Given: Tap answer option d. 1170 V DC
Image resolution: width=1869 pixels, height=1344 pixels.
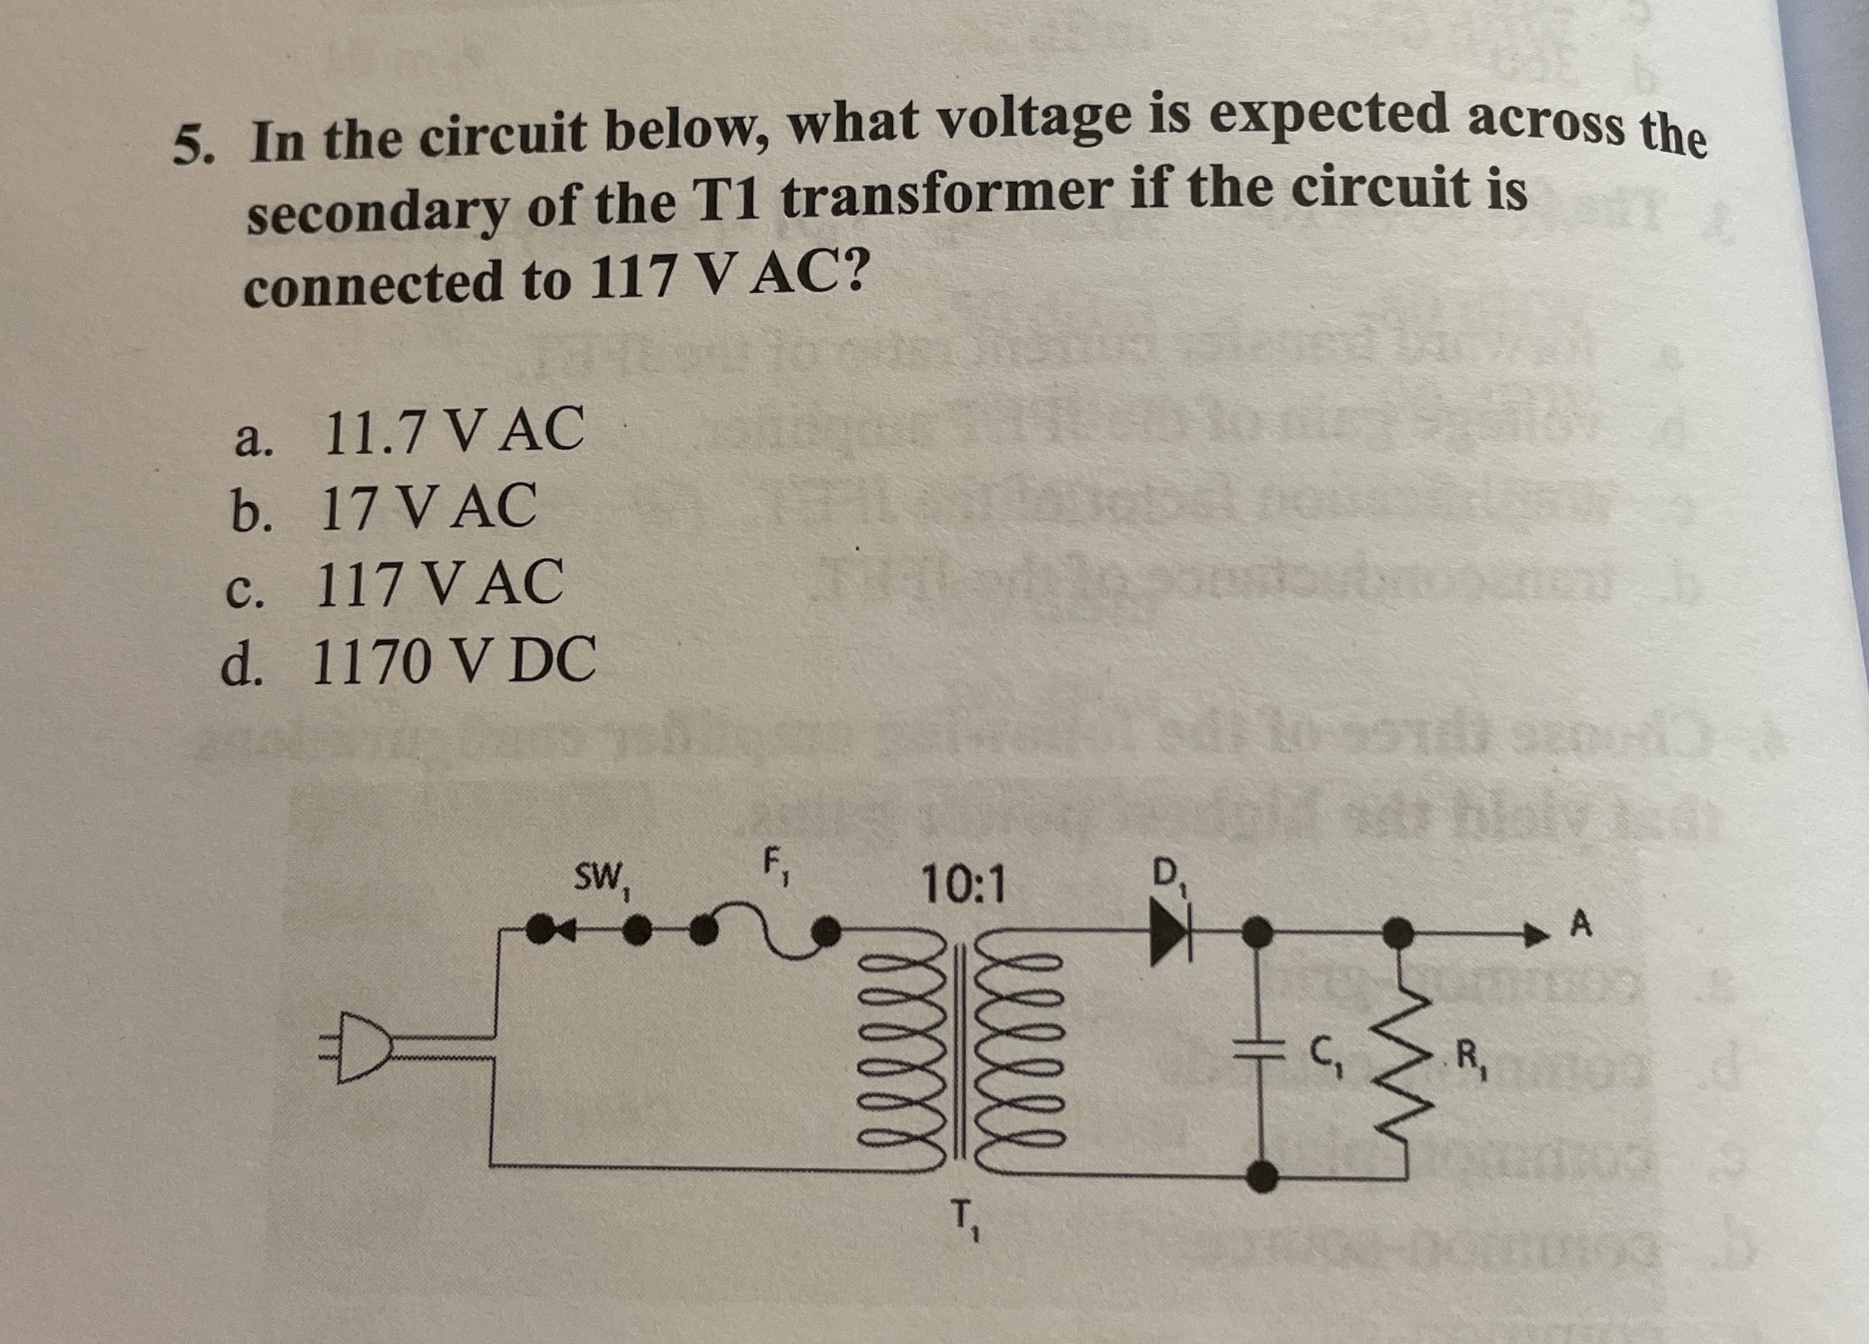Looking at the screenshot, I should point(408,661).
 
